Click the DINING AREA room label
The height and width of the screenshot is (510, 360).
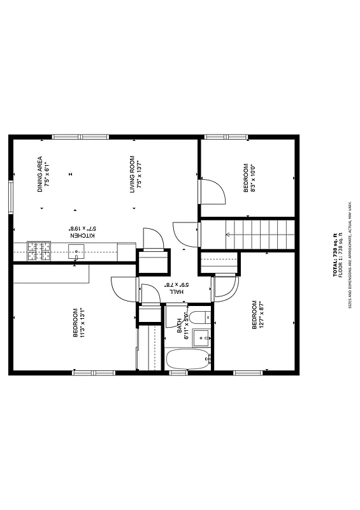click(43, 174)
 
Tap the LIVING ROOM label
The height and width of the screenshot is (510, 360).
click(135, 174)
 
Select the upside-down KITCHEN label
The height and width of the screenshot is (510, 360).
click(82, 231)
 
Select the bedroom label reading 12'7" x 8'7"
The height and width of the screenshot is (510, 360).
click(257, 315)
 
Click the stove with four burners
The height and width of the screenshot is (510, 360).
click(39, 251)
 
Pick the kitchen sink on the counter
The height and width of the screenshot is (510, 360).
click(76, 251)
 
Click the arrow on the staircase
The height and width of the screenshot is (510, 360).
click(227, 235)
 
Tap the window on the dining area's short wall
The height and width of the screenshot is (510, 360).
click(11, 197)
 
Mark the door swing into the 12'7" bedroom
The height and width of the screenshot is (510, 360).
click(226, 288)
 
